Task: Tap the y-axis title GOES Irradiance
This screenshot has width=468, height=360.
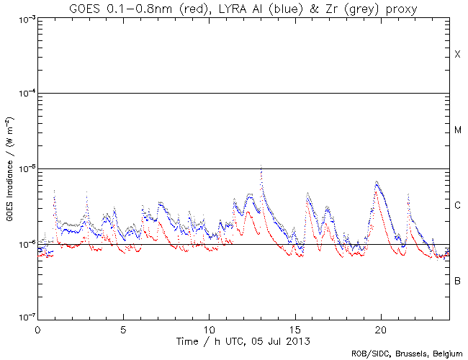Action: (9, 168)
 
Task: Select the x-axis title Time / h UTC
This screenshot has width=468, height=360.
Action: (243, 339)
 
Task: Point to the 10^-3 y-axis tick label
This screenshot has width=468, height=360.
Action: (24, 19)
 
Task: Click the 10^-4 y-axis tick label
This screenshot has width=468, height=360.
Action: (24, 94)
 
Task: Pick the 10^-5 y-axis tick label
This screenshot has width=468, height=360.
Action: (24, 169)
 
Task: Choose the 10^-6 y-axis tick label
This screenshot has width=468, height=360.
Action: (24, 245)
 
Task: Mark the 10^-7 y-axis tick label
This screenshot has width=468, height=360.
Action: (24, 318)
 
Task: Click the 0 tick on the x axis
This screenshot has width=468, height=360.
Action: (37, 328)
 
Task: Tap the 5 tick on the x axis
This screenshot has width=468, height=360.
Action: (123, 328)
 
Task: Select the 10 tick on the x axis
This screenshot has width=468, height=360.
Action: (209, 328)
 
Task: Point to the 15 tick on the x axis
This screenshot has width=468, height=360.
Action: (295, 328)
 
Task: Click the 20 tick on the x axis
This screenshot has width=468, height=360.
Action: (381, 328)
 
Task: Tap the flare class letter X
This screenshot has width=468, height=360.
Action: (458, 55)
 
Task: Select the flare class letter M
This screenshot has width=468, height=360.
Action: (458, 130)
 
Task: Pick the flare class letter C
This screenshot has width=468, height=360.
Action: (458, 206)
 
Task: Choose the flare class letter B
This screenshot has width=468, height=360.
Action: (458, 281)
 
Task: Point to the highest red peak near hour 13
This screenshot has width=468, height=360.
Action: (261, 166)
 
